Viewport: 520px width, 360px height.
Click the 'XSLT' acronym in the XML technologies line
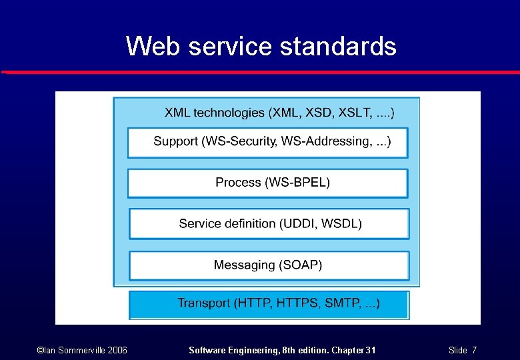[x=356, y=113]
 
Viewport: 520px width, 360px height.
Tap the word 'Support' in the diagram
[x=175, y=141]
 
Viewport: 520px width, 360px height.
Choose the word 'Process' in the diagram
[x=238, y=182]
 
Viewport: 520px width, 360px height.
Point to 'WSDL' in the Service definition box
[x=341, y=223]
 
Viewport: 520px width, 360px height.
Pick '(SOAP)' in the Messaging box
[x=299, y=265]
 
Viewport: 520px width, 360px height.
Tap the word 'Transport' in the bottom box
[x=204, y=303]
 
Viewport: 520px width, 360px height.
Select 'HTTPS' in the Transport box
[x=297, y=303]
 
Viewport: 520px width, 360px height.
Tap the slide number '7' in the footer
[x=474, y=350]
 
